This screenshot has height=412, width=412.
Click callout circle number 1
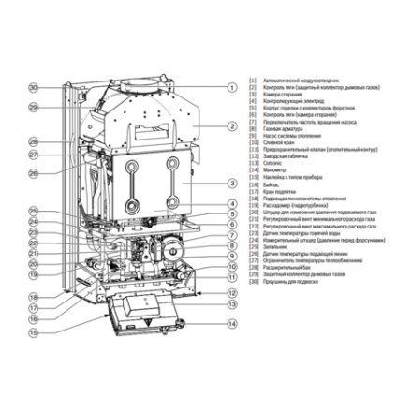point(231,87)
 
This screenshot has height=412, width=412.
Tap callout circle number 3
point(231,184)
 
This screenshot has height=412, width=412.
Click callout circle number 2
point(231,125)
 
